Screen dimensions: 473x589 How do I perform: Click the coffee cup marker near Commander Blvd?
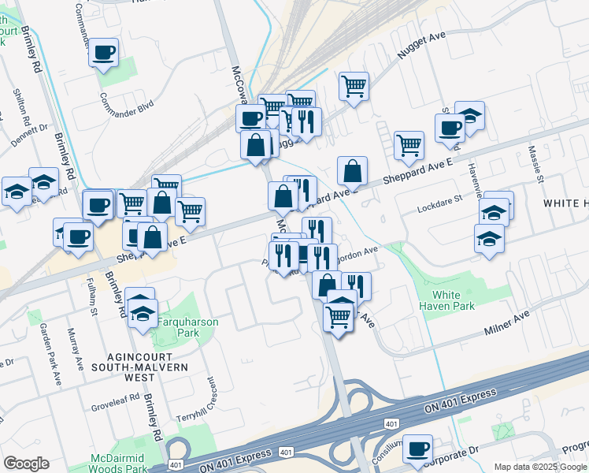coord(103,54)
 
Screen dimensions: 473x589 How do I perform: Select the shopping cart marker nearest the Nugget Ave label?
coord(354,85)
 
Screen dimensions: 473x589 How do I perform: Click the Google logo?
coord(26,464)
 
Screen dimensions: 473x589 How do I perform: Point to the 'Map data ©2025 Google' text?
coord(539,467)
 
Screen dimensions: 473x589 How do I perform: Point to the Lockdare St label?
coord(439,203)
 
